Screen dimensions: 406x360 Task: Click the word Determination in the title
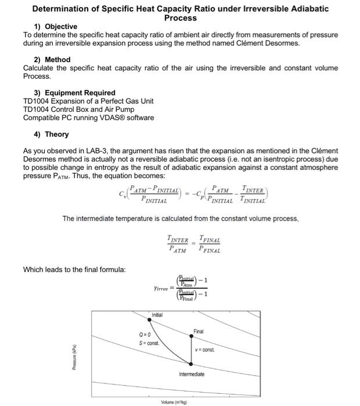[x=63, y=9]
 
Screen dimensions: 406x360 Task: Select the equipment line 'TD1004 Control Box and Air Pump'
[x=78, y=110]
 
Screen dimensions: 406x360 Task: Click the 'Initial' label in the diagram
[x=157, y=315]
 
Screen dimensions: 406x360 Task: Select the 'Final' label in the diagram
[x=199, y=331]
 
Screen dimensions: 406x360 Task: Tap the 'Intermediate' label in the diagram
[x=192, y=374]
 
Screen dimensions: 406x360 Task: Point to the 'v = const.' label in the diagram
[x=204, y=350]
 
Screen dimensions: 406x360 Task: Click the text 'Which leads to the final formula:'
[x=74, y=269]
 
